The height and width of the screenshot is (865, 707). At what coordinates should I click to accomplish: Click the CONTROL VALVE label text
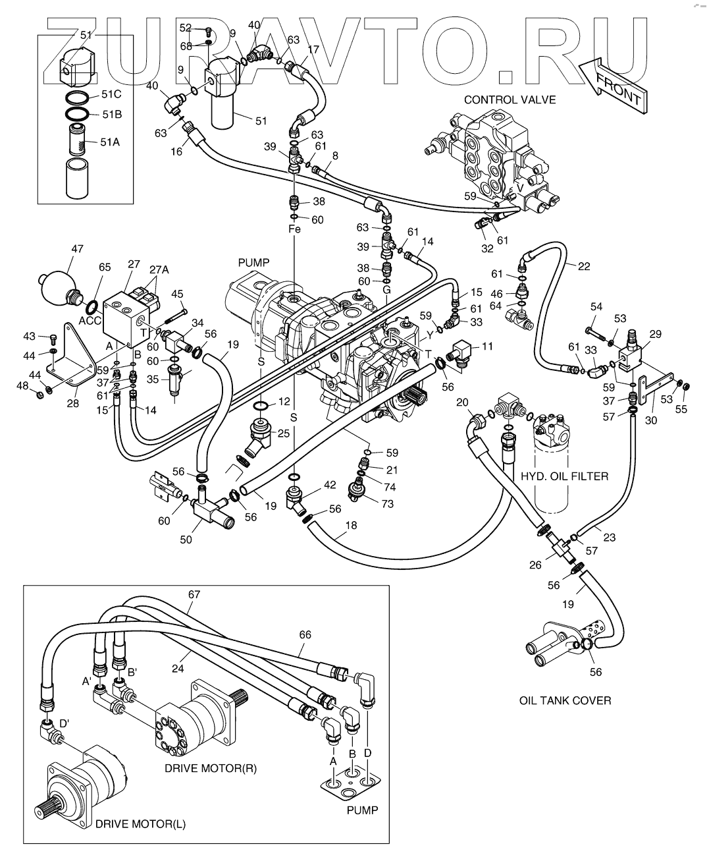[x=510, y=100]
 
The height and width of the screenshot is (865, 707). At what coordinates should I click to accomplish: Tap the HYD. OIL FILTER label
[x=565, y=476]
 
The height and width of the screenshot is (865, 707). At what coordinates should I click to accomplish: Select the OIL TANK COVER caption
[x=565, y=700]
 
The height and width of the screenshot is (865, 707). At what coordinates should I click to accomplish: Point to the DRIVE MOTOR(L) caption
[x=140, y=824]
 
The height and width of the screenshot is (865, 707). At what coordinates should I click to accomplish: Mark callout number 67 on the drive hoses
[x=194, y=594]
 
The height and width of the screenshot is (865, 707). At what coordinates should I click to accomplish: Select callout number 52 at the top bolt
[x=186, y=28]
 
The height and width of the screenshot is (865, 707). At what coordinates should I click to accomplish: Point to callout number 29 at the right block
[x=656, y=335]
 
